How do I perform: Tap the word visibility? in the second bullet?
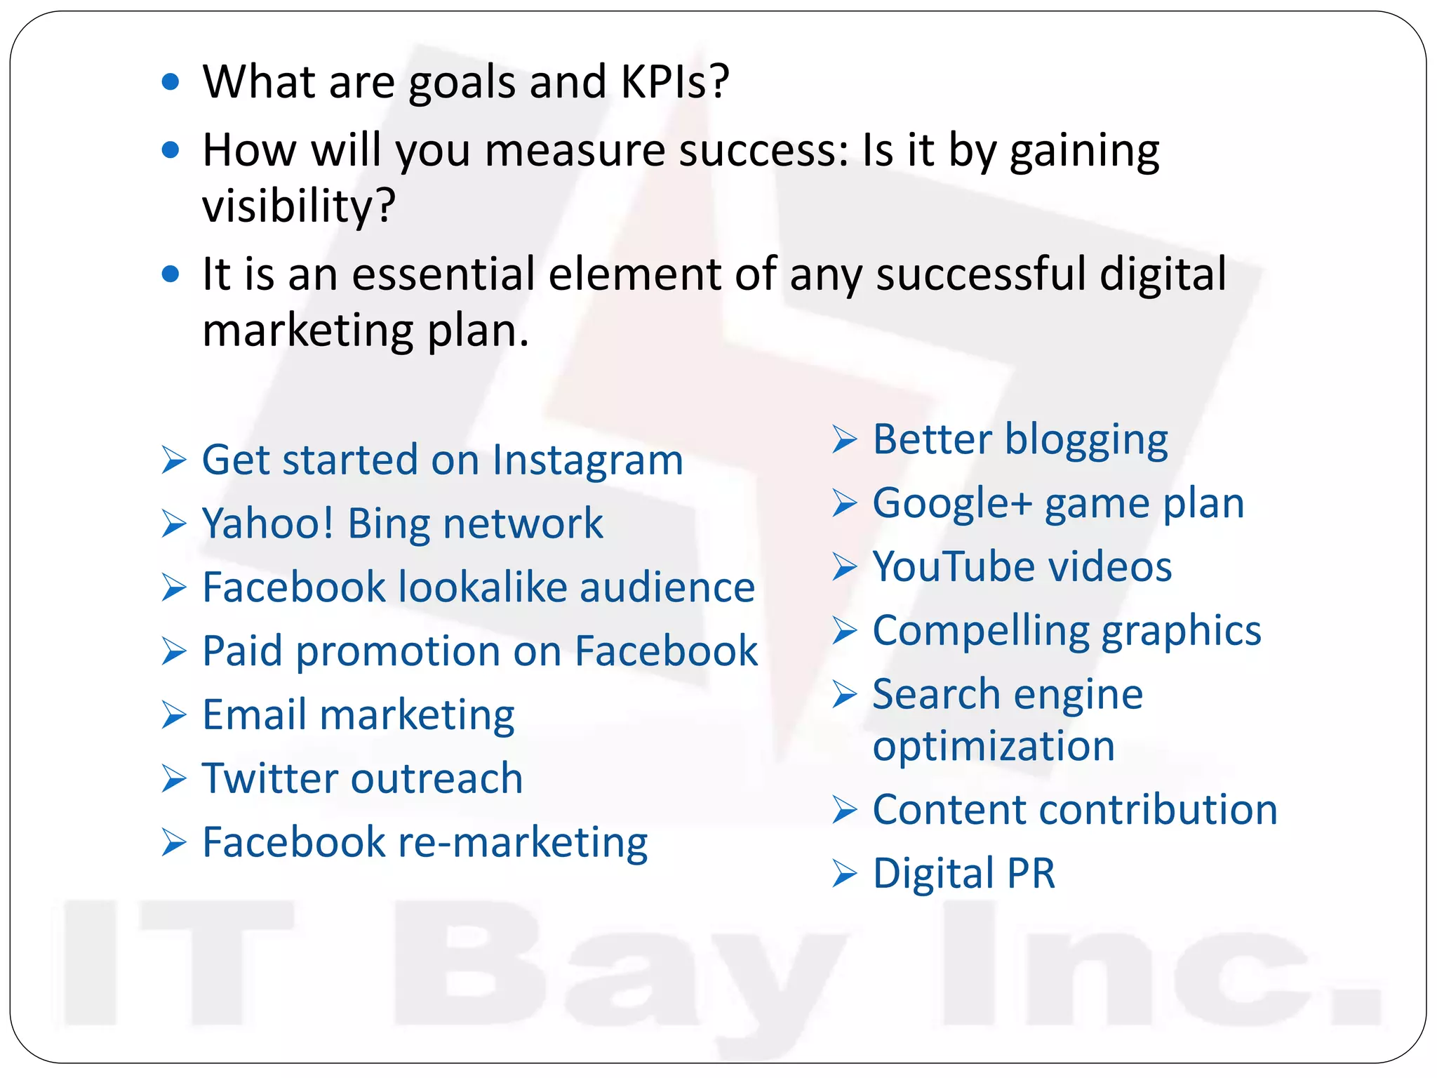coord(299,206)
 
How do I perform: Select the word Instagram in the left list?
coord(587,461)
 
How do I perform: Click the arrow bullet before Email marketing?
coord(173,715)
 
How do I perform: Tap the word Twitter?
coord(270,778)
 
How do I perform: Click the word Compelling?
coord(981,632)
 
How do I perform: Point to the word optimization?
coord(994,746)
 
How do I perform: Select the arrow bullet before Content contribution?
coord(845,810)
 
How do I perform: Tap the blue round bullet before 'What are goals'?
coord(171,83)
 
